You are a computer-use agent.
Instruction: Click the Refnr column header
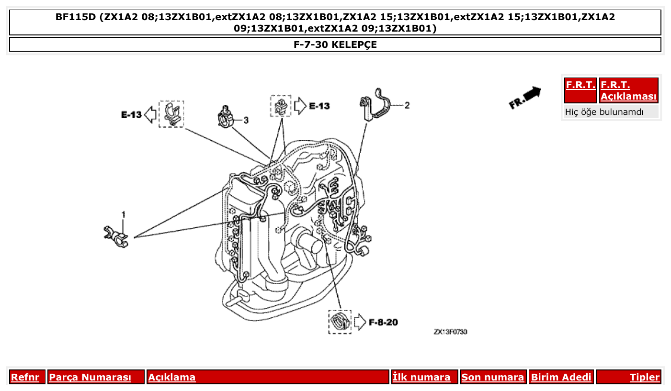(x=25, y=377)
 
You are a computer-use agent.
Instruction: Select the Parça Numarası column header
(x=90, y=377)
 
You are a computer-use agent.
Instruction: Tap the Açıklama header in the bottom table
(x=172, y=377)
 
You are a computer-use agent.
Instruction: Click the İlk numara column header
(x=421, y=377)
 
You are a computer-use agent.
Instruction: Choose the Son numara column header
(x=492, y=377)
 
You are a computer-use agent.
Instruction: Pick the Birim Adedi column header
(x=561, y=377)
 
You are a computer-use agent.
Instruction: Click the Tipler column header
(x=644, y=377)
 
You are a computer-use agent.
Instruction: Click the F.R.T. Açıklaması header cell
(x=628, y=90)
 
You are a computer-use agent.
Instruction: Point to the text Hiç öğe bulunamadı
(x=604, y=112)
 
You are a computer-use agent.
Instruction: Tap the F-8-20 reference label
(x=383, y=322)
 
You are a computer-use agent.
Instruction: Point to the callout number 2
(x=407, y=105)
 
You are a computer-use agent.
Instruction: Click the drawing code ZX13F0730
(x=450, y=332)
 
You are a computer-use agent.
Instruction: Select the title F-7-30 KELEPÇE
(x=335, y=45)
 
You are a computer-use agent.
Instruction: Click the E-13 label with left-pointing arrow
(x=131, y=114)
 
